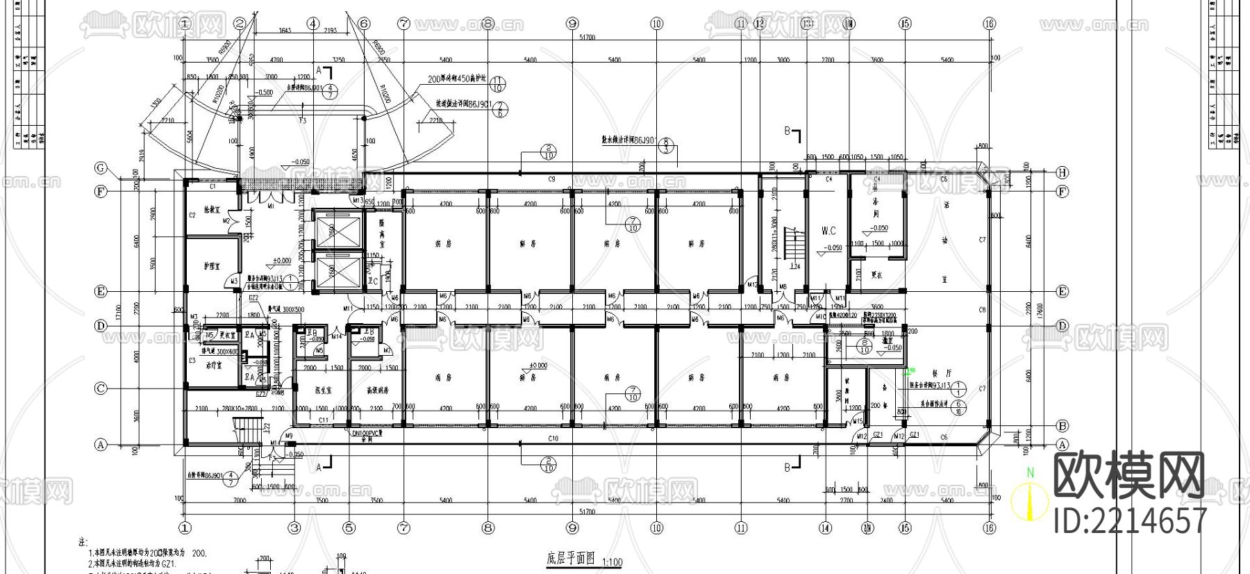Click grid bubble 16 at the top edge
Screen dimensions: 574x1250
click(990, 23)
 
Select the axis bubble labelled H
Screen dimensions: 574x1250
click(1062, 172)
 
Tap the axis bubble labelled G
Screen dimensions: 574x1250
click(101, 168)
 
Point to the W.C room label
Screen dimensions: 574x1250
click(828, 231)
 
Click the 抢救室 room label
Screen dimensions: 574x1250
click(212, 208)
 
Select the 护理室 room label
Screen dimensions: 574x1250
click(212, 265)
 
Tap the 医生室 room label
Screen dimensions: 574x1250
click(323, 391)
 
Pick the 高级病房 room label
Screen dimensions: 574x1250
click(377, 391)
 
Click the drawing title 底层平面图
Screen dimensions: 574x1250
click(571, 559)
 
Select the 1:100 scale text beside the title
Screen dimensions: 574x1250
click(612, 561)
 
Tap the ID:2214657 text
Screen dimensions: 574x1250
click(1131, 520)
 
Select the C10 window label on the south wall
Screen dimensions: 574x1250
click(553, 438)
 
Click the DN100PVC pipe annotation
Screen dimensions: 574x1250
click(368, 432)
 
